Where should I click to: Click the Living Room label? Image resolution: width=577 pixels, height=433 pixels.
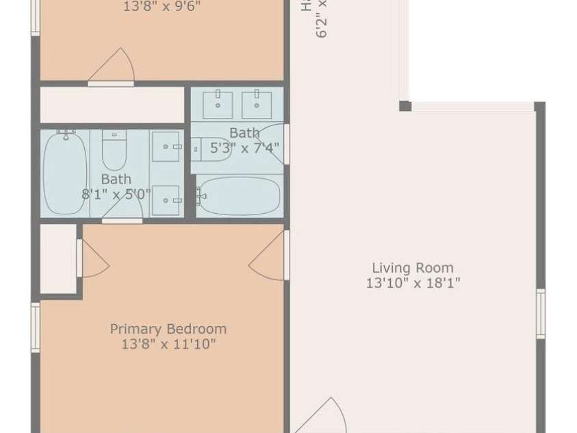click(412, 268)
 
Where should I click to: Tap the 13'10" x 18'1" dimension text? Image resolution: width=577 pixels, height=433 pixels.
click(412, 284)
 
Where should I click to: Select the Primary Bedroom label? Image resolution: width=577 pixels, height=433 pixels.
click(168, 329)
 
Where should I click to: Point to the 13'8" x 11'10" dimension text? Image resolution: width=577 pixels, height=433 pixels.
click(168, 345)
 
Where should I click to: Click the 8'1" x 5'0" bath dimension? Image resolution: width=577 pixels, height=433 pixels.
click(116, 194)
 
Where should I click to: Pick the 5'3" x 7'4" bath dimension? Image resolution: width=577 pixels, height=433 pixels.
click(244, 147)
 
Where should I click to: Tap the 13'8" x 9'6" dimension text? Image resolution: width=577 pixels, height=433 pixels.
click(162, 8)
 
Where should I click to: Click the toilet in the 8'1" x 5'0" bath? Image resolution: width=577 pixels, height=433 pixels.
click(114, 150)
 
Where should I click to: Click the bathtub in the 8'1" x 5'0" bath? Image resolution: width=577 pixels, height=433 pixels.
click(65, 173)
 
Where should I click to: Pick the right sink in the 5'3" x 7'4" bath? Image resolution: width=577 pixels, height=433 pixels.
click(257, 104)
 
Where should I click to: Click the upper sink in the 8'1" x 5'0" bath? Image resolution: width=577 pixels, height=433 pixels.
click(166, 146)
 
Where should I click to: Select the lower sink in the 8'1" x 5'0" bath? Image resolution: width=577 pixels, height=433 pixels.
click(166, 200)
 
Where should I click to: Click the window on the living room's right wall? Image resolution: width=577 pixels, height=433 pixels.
click(540, 313)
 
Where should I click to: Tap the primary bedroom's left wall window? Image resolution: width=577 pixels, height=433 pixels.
click(35, 327)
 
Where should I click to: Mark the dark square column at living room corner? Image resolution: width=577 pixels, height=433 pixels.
click(405, 106)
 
